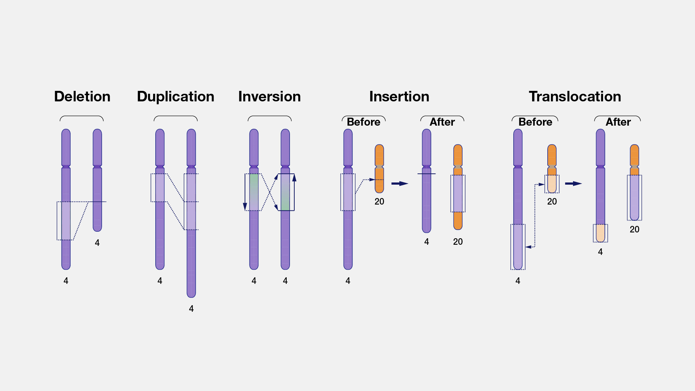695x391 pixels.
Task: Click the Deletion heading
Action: [x=82, y=97]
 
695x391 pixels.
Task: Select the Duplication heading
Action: [x=176, y=97]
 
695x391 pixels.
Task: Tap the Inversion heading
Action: [x=269, y=97]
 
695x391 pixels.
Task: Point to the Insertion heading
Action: [x=399, y=97]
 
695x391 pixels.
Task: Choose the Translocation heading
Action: [x=575, y=97]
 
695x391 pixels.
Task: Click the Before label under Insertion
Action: [x=363, y=122]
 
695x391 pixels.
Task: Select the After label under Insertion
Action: [x=442, y=122]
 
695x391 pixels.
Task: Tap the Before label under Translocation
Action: [x=535, y=122]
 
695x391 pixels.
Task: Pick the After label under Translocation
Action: [x=618, y=122]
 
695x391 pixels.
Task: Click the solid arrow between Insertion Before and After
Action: [x=400, y=184]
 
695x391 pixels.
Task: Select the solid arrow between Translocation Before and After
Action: [x=573, y=184]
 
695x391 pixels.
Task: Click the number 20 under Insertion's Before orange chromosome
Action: [x=379, y=202]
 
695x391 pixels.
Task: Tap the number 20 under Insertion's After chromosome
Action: [x=458, y=242]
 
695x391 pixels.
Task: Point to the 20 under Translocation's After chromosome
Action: [x=634, y=230]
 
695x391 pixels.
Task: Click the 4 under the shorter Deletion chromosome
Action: [x=97, y=243]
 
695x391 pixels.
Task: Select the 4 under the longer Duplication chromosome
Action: [x=191, y=309]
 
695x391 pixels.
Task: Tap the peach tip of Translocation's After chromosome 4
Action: [x=600, y=233]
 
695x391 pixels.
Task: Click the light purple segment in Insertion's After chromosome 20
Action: [x=458, y=194]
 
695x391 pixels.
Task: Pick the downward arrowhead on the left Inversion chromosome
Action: [x=245, y=207]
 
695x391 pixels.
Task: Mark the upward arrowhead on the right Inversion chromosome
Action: [x=294, y=178]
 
